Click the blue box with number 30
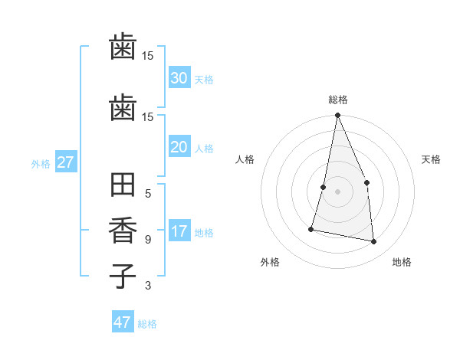(x=179, y=77)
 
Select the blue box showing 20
(x=179, y=147)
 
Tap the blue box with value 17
(x=179, y=231)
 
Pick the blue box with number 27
(x=66, y=162)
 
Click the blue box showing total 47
(x=123, y=322)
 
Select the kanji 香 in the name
(x=123, y=231)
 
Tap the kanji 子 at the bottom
(x=123, y=276)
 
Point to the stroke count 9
(x=148, y=240)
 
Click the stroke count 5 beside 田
(x=148, y=193)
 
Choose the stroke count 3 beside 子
(x=148, y=286)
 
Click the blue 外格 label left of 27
(x=41, y=163)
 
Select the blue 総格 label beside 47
(x=147, y=324)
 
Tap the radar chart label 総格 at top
(x=338, y=100)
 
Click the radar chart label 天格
(x=432, y=159)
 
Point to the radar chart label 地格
(x=402, y=262)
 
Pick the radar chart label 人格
(x=245, y=159)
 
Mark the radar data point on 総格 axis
(x=337, y=116)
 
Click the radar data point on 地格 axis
(x=373, y=241)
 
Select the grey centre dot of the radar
(x=337, y=191)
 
